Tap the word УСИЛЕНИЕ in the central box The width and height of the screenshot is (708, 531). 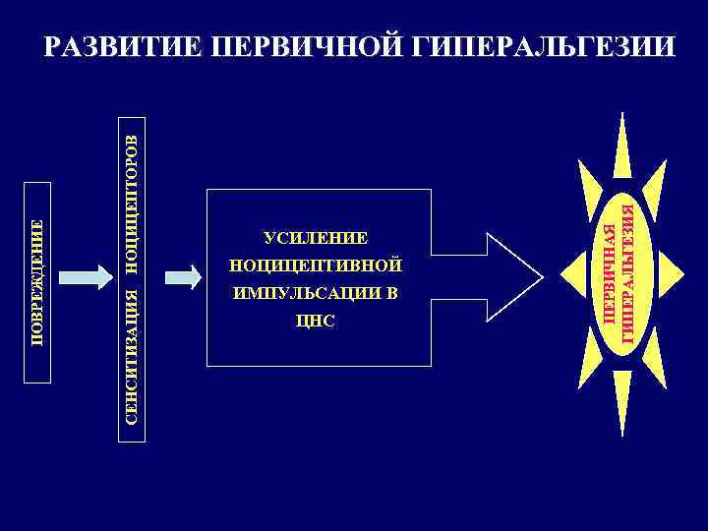tap(315, 237)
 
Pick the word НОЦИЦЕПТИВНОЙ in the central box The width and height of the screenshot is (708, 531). tap(315, 265)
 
